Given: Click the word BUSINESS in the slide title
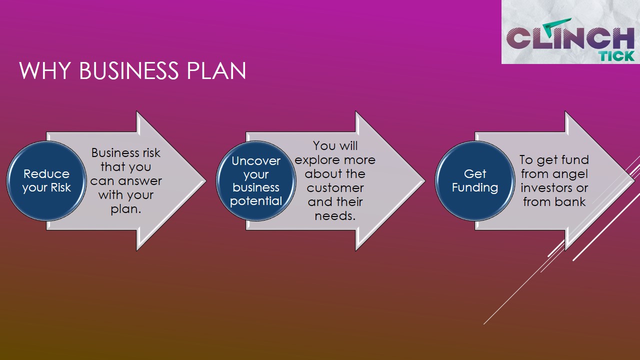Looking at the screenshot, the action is click(x=129, y=70).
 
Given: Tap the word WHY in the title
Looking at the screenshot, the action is click(x=45, y=70).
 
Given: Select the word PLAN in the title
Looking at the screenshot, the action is click(x=216, y=70).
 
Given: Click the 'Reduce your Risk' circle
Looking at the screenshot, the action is click(x=46, y=181).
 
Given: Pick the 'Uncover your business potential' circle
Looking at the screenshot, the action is click(x=256, y=181).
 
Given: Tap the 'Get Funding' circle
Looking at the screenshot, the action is click(x=475, y=181).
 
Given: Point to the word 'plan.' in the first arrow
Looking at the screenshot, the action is click(x=126, y=209).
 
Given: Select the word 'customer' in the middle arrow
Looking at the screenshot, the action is click(x=335, y=188).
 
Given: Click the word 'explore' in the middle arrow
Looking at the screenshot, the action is click(x=316, y=160).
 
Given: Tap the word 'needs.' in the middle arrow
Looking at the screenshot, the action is click(x=335, y=216).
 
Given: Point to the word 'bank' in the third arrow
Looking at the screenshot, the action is click(x=570, y=202).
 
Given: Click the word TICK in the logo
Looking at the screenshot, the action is click(x=617, y=56).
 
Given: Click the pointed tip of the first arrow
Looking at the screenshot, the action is click(x=206, y=181).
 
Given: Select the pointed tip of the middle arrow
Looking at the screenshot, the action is click(x=425, y=181).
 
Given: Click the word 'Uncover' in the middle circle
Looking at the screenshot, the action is click(x=256, y=161).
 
